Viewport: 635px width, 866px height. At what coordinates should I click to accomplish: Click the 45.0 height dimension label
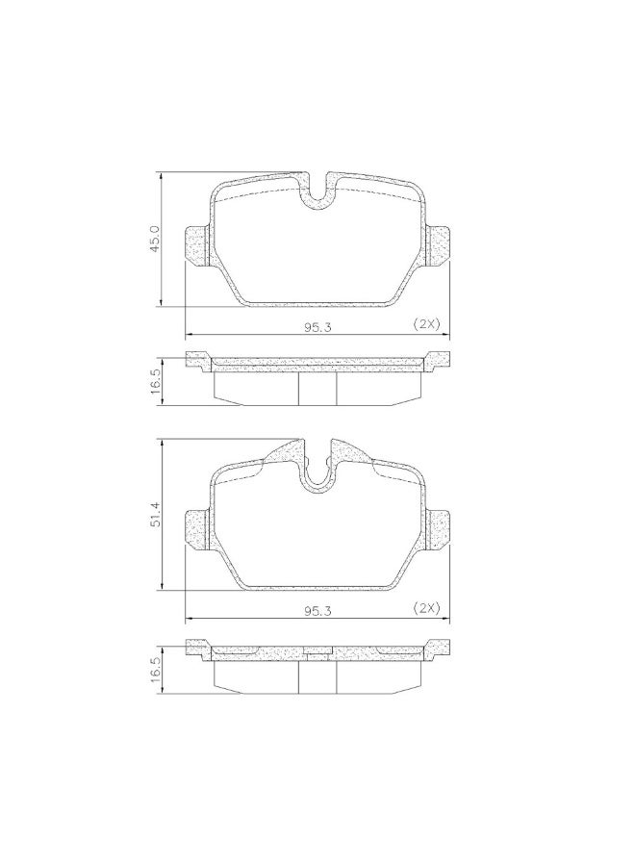(x=155, y=239)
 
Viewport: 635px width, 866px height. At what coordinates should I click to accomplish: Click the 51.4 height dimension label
(x=155, y=513)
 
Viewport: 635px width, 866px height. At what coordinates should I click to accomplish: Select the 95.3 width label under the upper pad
(x=317, y=327)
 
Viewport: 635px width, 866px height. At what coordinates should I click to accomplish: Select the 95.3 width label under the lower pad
(x=317, y=611)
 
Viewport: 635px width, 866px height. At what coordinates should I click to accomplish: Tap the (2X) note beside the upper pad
(x=426, y=324)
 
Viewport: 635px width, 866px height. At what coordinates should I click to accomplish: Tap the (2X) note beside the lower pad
(x=426, y=608)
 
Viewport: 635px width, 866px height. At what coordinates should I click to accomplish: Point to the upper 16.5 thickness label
(x=155, y=380)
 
